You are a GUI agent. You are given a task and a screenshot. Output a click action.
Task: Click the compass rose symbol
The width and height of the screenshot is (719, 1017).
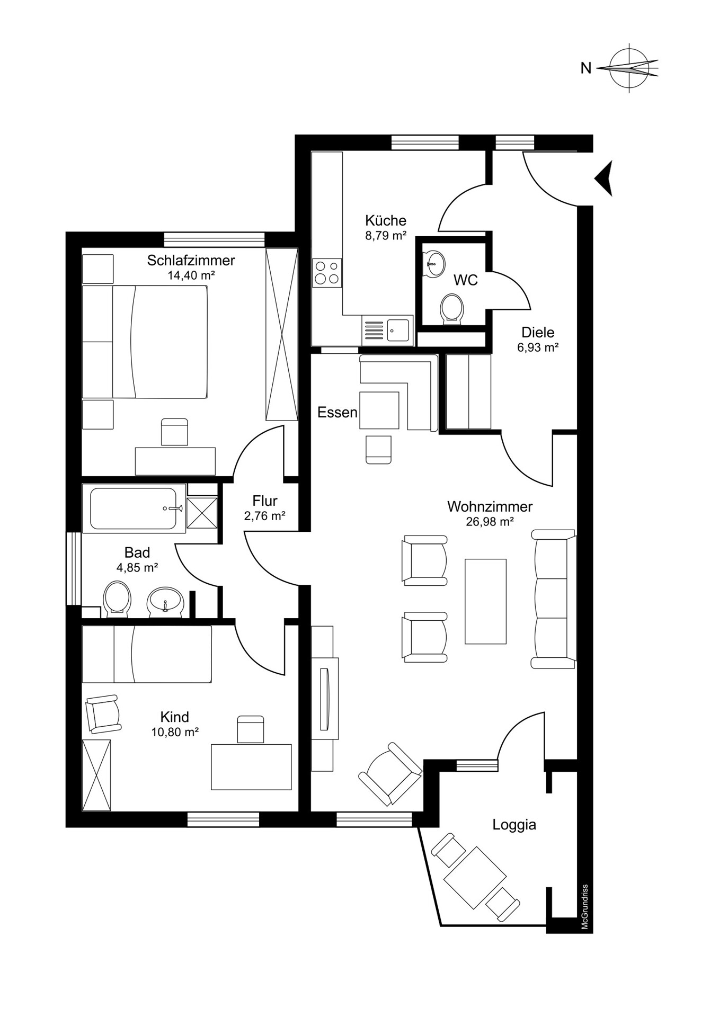629,68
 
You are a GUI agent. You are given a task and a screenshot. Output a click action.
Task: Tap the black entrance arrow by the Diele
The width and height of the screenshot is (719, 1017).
604,179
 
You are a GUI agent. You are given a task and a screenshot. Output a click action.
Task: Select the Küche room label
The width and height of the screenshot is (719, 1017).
386,220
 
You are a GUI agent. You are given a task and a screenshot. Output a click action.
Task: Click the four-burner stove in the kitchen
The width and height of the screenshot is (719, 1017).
327,273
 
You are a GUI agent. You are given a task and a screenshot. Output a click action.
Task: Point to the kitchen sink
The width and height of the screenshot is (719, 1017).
398,331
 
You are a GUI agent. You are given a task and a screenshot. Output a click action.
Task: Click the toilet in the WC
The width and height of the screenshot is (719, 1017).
452,309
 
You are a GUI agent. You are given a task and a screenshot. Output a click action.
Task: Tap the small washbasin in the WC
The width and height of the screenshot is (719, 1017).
435,263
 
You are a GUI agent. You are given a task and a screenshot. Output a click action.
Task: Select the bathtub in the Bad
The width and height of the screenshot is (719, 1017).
134,508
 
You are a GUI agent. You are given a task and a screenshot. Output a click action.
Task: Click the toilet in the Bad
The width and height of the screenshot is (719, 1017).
117,599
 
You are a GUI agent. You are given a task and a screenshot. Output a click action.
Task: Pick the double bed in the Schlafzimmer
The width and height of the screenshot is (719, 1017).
144,342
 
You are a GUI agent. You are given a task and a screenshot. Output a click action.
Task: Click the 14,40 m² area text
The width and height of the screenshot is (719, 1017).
191,275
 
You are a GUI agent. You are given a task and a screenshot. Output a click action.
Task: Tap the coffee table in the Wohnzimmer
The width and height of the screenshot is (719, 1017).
485,601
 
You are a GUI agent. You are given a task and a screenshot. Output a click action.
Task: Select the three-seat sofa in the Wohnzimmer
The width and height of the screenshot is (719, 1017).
554,599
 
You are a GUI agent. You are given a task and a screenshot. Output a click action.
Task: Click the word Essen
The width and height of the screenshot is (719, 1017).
338,412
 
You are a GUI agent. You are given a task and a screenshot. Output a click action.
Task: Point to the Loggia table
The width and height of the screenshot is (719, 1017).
475,878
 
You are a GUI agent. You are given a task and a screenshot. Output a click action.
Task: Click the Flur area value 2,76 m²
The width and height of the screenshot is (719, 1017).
265,516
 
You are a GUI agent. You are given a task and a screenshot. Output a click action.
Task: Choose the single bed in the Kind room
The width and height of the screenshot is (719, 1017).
147,654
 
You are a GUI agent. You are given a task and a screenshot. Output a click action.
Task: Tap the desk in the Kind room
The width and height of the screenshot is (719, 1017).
251,767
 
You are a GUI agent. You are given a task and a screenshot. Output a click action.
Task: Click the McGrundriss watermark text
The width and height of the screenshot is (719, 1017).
585,907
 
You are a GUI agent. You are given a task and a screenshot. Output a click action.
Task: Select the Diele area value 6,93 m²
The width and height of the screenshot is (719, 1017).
538,347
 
